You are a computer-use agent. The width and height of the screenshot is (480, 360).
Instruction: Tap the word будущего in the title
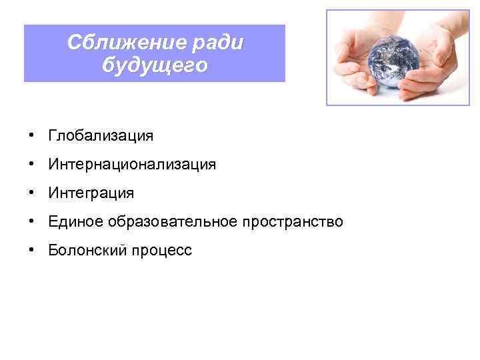point(155,66)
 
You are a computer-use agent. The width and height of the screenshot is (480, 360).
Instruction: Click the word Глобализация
point(100,136)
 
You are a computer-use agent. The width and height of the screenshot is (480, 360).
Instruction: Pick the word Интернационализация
point(131,165)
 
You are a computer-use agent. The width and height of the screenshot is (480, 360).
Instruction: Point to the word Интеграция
point(91,193)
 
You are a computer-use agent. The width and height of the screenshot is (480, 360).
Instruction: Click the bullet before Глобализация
point(31,136)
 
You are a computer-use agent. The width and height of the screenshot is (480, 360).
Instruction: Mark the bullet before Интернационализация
point(31,165)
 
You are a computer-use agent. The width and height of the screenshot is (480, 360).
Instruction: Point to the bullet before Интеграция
point(31,193)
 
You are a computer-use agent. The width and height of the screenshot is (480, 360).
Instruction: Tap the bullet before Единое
point(31,221)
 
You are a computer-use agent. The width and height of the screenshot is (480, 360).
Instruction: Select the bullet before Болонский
point(31,250)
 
